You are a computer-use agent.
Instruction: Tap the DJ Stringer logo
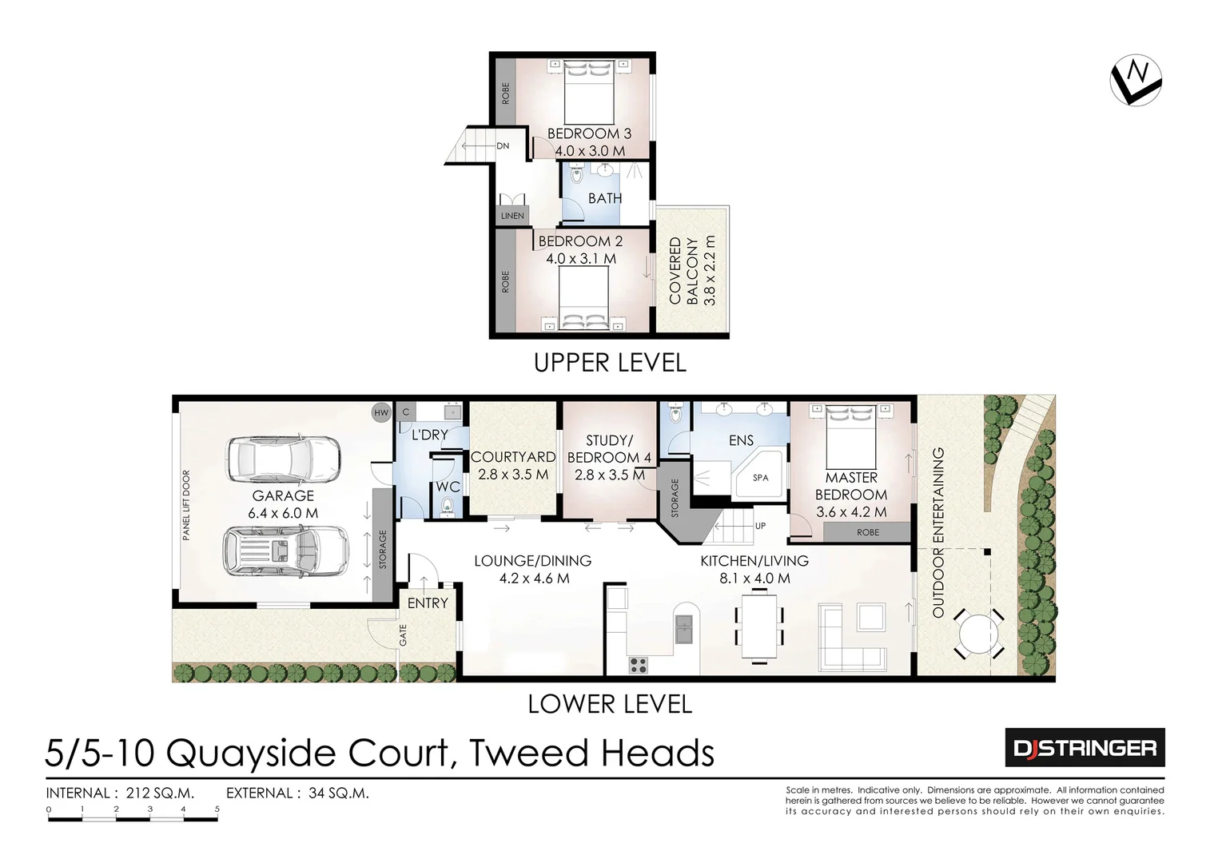tap(1085, 748)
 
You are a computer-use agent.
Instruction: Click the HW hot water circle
tap(381, 412)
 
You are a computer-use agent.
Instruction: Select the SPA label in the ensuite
tap(761, 478)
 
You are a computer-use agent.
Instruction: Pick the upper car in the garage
tap(284, 460)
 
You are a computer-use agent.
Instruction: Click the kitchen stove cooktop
tap(639, 662)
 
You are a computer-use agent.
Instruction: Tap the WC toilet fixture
tap(447, 505)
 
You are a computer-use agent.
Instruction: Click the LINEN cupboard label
tap(512, 216)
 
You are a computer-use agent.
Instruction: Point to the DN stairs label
tap(503, 146)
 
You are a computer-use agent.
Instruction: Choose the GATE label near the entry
tap(404, 635)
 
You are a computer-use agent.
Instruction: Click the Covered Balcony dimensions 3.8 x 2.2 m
tap(709, 271)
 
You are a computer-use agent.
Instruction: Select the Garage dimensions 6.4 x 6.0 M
tap(283, 513)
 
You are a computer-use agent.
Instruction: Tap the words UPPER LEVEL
tap(610, 363)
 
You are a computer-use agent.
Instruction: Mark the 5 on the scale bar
tap(217, 809)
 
